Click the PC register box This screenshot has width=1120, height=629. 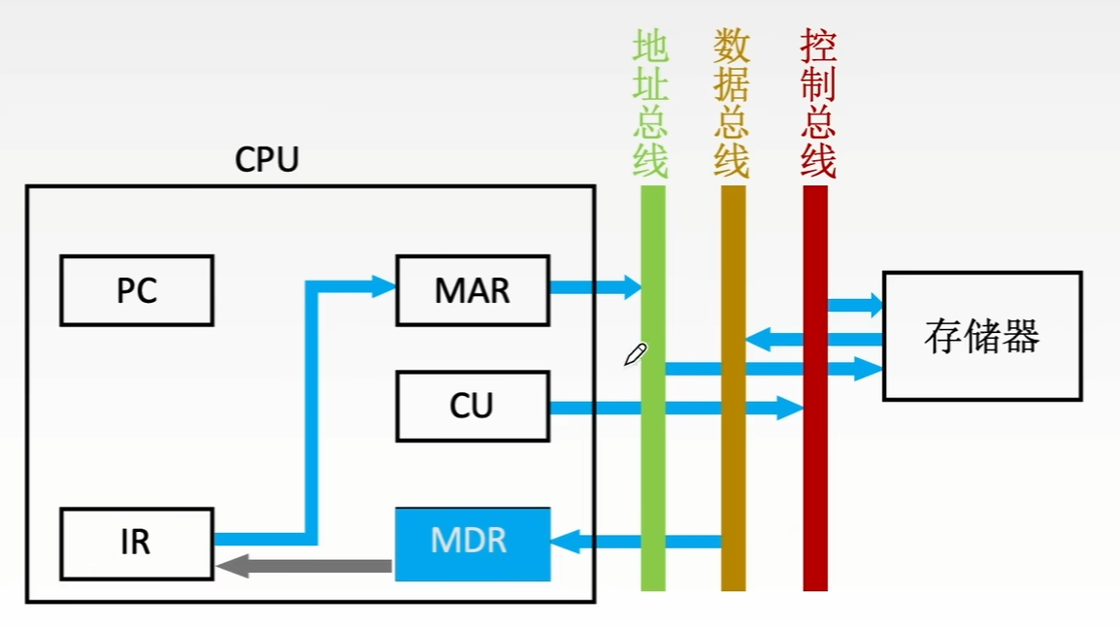coord(137,289)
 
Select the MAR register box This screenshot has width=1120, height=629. coord(473,289)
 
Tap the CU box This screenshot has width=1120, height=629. coord(473,406)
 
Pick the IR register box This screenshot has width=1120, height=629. coord(137,544)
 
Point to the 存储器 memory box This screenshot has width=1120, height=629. coord(982,336)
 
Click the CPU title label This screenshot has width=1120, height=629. coord(267,160)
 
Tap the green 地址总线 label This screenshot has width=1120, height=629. coord(650,104)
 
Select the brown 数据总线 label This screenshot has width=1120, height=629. coord(732,104)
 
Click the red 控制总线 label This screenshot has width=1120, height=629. coord(818,104)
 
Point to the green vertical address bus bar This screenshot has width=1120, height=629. coord(653,466)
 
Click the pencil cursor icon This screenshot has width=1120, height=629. coord(635,355)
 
